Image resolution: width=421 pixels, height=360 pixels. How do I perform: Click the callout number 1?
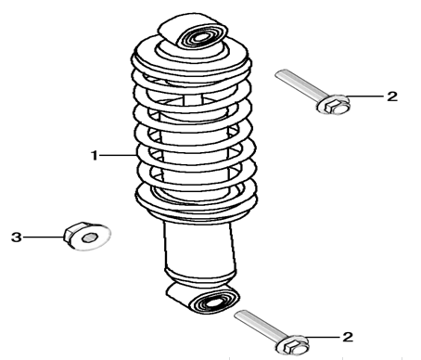coord(95,155)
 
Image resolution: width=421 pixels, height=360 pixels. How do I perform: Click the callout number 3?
coord(17,238)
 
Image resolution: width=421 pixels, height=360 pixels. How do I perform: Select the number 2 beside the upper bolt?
coord(392,96)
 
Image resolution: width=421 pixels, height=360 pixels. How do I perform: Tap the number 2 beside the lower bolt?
coord(348,337)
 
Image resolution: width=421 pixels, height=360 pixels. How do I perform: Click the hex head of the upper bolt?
coord(334,106)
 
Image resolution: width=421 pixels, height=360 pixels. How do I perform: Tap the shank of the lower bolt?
coord(259,325)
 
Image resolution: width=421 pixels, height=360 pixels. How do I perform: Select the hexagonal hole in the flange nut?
coord(90,238)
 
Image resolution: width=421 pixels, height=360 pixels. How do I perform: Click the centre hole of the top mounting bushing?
coord(201,38)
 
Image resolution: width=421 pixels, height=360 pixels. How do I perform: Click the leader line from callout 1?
coord(118,155)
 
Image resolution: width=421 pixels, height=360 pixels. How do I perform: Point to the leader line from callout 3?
coord(44,238)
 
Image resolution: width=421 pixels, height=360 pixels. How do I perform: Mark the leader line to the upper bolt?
coord(365,96)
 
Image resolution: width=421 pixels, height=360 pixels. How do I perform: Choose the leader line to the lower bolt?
coord(322,337)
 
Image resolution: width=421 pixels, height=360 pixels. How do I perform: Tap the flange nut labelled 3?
coord(87,237)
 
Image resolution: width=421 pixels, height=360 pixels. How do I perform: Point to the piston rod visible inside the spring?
coord(193,99)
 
